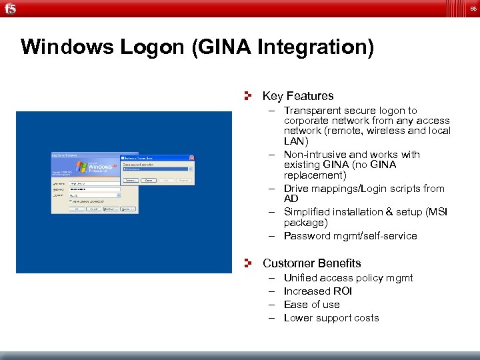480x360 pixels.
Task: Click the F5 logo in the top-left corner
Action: [x=10, y=8]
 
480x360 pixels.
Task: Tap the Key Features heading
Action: [x=298, y=96]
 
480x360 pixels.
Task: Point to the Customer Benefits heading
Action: [x=311, y=263]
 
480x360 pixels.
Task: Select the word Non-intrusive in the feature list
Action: [x=317, y=155]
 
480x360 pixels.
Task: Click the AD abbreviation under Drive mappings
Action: [x=291, y=199]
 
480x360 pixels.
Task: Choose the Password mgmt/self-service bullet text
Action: [x=350, y=236]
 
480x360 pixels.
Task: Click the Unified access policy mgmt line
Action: [x=348, y=278]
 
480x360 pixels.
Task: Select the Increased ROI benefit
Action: [x=317, y=291]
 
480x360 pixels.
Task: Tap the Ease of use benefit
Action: [x=311, y=305]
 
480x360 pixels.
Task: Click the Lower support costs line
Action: [x=331, y=318]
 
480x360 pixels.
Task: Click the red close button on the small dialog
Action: [x=191, y=158]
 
